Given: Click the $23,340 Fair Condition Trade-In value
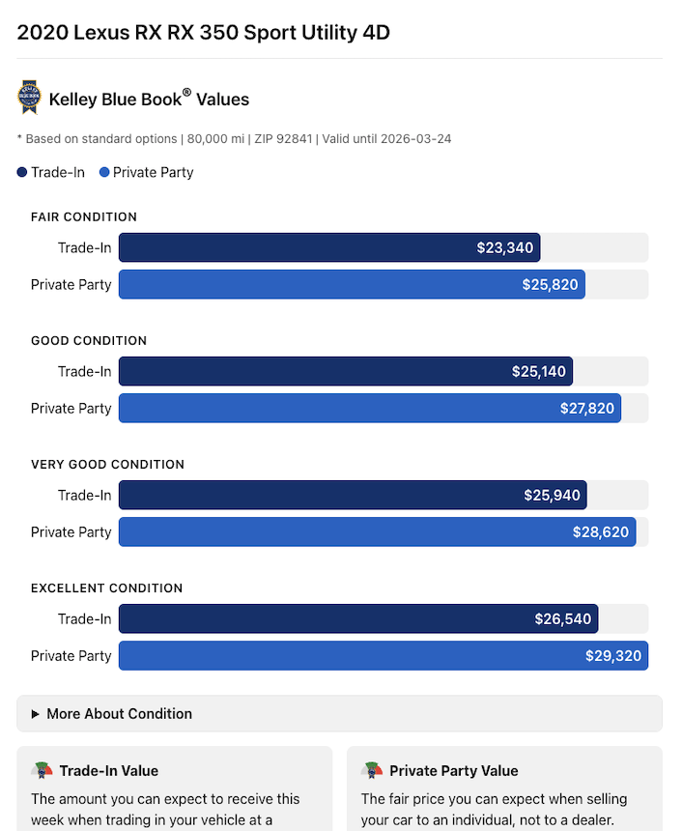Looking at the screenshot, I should coord(504,247).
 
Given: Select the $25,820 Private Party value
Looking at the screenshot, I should coord(550,284).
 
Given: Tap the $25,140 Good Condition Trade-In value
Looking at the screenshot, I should coord(539,371).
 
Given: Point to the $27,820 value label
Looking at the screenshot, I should coord(586,408).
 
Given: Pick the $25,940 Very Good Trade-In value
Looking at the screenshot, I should coord(552,495).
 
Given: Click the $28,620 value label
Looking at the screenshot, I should coord(600,531).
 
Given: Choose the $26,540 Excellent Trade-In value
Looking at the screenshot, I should coord(562,618).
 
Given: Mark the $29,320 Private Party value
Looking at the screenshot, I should coord(613,655).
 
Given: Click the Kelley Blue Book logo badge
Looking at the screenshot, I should coord(29,98).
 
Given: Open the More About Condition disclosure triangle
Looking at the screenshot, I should coord(36,714).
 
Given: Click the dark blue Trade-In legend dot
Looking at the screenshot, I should coord(22,173).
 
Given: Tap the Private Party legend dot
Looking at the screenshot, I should coord(104,173).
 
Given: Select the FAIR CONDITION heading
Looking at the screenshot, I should coord(84,216).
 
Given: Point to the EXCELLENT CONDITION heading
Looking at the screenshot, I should coord(106,587).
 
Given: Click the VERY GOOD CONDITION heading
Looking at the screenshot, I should coord(107,464).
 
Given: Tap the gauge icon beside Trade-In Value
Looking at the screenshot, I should coord(43,770).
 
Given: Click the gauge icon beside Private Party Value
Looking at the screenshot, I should coord(373,770).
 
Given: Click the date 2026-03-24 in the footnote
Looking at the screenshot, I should coord(416,139).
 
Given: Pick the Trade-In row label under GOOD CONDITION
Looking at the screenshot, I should coord(84,371).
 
